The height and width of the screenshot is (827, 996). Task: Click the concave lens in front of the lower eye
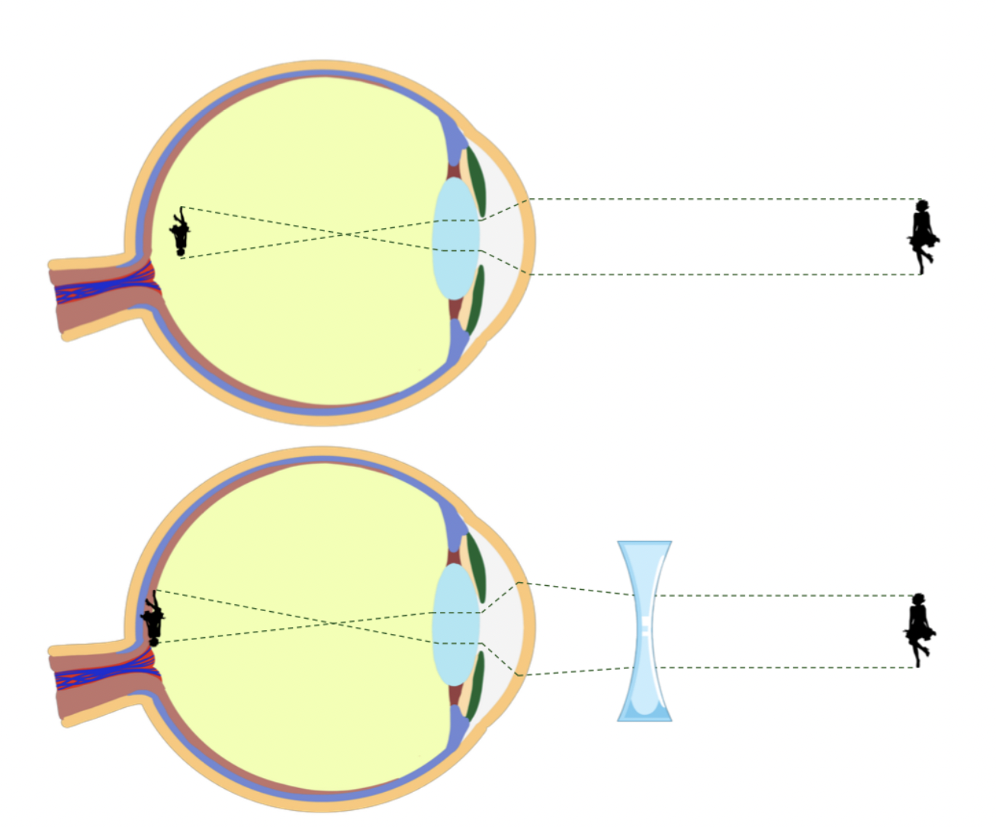point(644,630)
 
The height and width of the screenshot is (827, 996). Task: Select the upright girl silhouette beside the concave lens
point(919,628)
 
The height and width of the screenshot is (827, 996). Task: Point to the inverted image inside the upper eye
point(181,232)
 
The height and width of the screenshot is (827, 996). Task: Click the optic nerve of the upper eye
point(99,294)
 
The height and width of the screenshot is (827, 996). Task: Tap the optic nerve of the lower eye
point(99,677)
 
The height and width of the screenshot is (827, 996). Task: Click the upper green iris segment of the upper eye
point(475,180)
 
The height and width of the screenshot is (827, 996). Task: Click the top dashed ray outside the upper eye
point(725,199)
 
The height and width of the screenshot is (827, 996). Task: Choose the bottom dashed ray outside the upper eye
point(725,274)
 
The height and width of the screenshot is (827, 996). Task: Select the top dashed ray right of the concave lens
point(786,595)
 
